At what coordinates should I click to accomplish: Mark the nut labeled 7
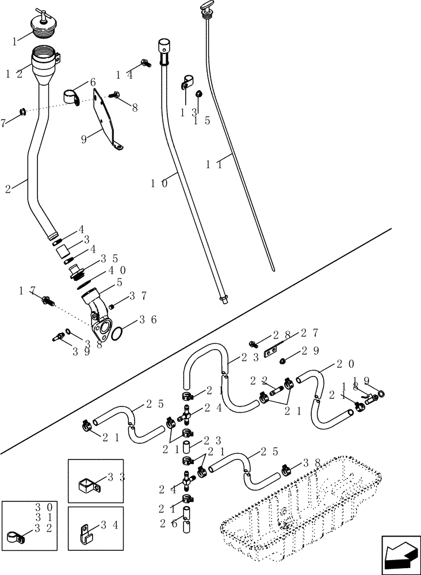(x=21, y=111)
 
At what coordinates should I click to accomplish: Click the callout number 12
(x=14, y=74)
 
